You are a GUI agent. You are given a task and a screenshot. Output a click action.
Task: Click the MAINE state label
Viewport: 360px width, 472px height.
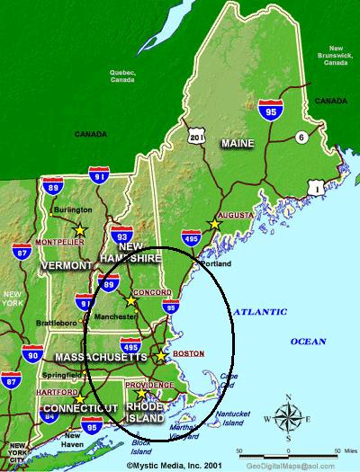coord(238,143)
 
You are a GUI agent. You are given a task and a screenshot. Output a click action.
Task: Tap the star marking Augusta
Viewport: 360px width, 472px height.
coord(213,224)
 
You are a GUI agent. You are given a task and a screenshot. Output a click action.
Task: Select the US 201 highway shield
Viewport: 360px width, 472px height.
coord(197,136)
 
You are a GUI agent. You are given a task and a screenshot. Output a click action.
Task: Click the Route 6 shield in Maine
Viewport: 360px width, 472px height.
coord(300,138)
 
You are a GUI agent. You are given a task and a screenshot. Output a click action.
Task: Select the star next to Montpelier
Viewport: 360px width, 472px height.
coord(80,229)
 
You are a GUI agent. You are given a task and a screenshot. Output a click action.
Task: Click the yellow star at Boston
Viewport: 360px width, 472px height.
coord(160,356)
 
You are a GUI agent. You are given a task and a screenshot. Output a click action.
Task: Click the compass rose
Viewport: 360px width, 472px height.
coord(288,416)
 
